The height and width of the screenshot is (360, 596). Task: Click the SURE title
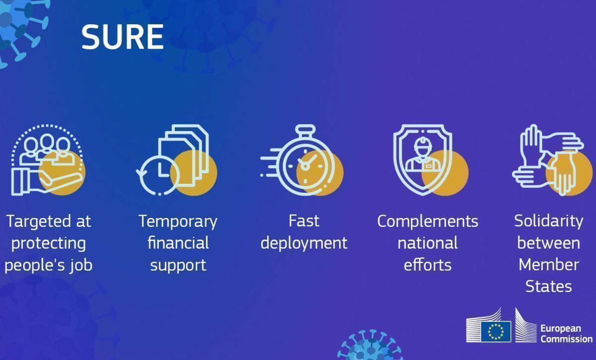tap(122, 37)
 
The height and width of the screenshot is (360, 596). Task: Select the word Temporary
tap(178, 222)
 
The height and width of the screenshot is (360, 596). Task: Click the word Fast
tap(304, 221)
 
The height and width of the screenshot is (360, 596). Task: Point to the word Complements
tap(428, 222)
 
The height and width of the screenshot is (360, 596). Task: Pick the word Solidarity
tap(549, 222)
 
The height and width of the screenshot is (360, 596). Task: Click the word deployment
tap(304, 243)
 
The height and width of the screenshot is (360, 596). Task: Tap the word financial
tap(178, 243)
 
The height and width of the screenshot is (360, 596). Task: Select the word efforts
tap(428, 265)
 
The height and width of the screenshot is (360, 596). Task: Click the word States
tap(549, 287)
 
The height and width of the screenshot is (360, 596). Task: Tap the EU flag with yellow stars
tap(496, 332)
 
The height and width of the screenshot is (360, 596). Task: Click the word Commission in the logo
tap(567, 339)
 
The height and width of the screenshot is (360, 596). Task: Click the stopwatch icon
tap(302, 160)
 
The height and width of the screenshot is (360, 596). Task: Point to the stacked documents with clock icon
tap(177, 160)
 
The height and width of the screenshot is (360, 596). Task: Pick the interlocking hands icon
tap(552, 160)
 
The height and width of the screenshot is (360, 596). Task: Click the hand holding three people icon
tap(48, 160)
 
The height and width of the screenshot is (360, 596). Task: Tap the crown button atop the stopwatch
tap(305, 129)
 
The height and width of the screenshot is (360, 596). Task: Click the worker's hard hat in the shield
tap(423, 143)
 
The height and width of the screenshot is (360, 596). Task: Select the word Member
tap(549, 265)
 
